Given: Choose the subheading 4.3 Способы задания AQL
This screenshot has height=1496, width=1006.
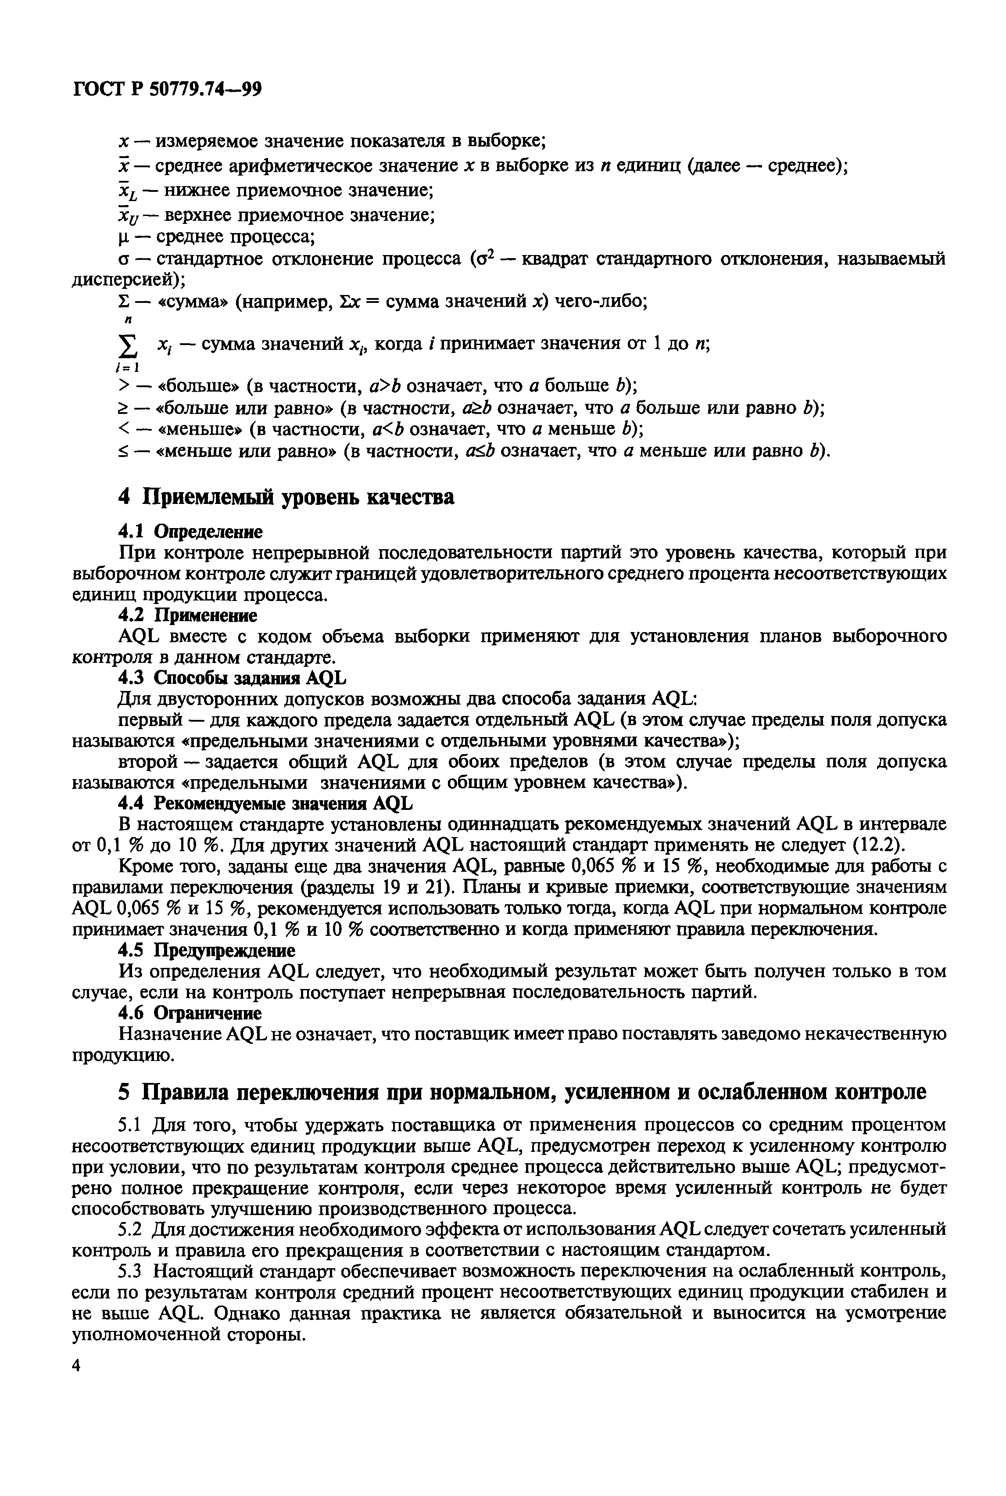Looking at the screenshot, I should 232,678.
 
